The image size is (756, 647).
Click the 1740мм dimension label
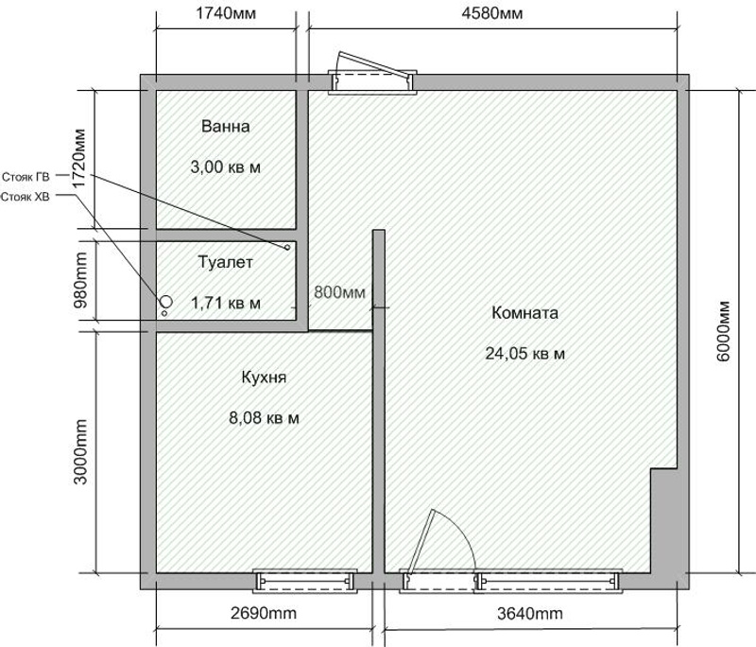tap(226, 13)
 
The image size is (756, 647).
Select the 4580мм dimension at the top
tap(491, 13)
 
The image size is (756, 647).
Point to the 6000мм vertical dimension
tap(724, 331)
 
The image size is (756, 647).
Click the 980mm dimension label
tap(80, 281)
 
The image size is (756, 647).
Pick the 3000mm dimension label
tap(80, 452)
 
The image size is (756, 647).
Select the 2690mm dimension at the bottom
tap(264, 613)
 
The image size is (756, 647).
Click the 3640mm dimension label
tap(530, 614)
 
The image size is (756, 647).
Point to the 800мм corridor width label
tap(340, 292)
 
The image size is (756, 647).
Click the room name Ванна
tap(226, 127)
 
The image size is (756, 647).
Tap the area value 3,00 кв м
tap(226, 167)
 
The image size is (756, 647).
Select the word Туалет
tap(226, 262)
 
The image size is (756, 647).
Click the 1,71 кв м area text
tap(226, 304)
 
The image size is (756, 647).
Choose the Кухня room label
tap(264, 376)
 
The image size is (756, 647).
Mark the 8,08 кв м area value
tap(264, 418)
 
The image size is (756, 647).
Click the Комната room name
tap(525, 313)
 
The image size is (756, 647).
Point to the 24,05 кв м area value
tap(525, 354)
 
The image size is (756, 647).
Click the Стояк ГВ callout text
tap(26, 177)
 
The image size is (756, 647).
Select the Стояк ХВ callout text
tap(26, 197)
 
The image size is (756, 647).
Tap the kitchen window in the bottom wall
tap(305, 581)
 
